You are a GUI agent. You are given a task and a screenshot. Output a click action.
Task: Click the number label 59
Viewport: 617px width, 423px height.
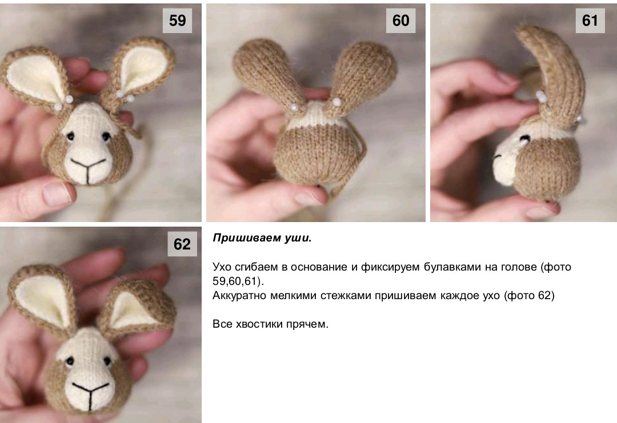(x=178, y=21)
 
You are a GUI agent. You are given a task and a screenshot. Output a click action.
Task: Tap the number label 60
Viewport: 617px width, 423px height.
(x=400, y=21)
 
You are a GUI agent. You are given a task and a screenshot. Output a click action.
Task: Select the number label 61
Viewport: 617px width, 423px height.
(x=590, y=21)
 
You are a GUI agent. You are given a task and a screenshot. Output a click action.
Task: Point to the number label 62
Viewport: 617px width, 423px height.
(x=182, y=244)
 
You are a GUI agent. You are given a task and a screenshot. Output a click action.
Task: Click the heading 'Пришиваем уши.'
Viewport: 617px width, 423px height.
(x=262, y=239)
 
